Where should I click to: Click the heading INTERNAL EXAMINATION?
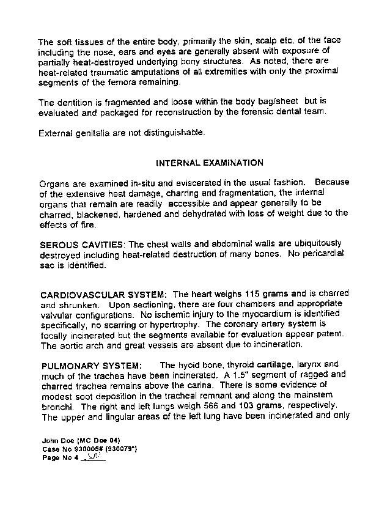210,163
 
